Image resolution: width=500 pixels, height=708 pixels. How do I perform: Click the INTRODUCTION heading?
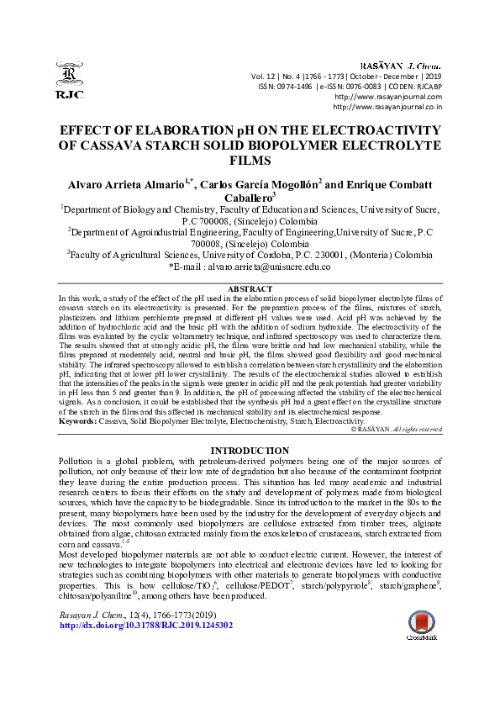250,452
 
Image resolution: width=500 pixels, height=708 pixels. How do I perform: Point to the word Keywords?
77,420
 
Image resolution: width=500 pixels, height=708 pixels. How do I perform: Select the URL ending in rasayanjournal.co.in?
387,107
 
